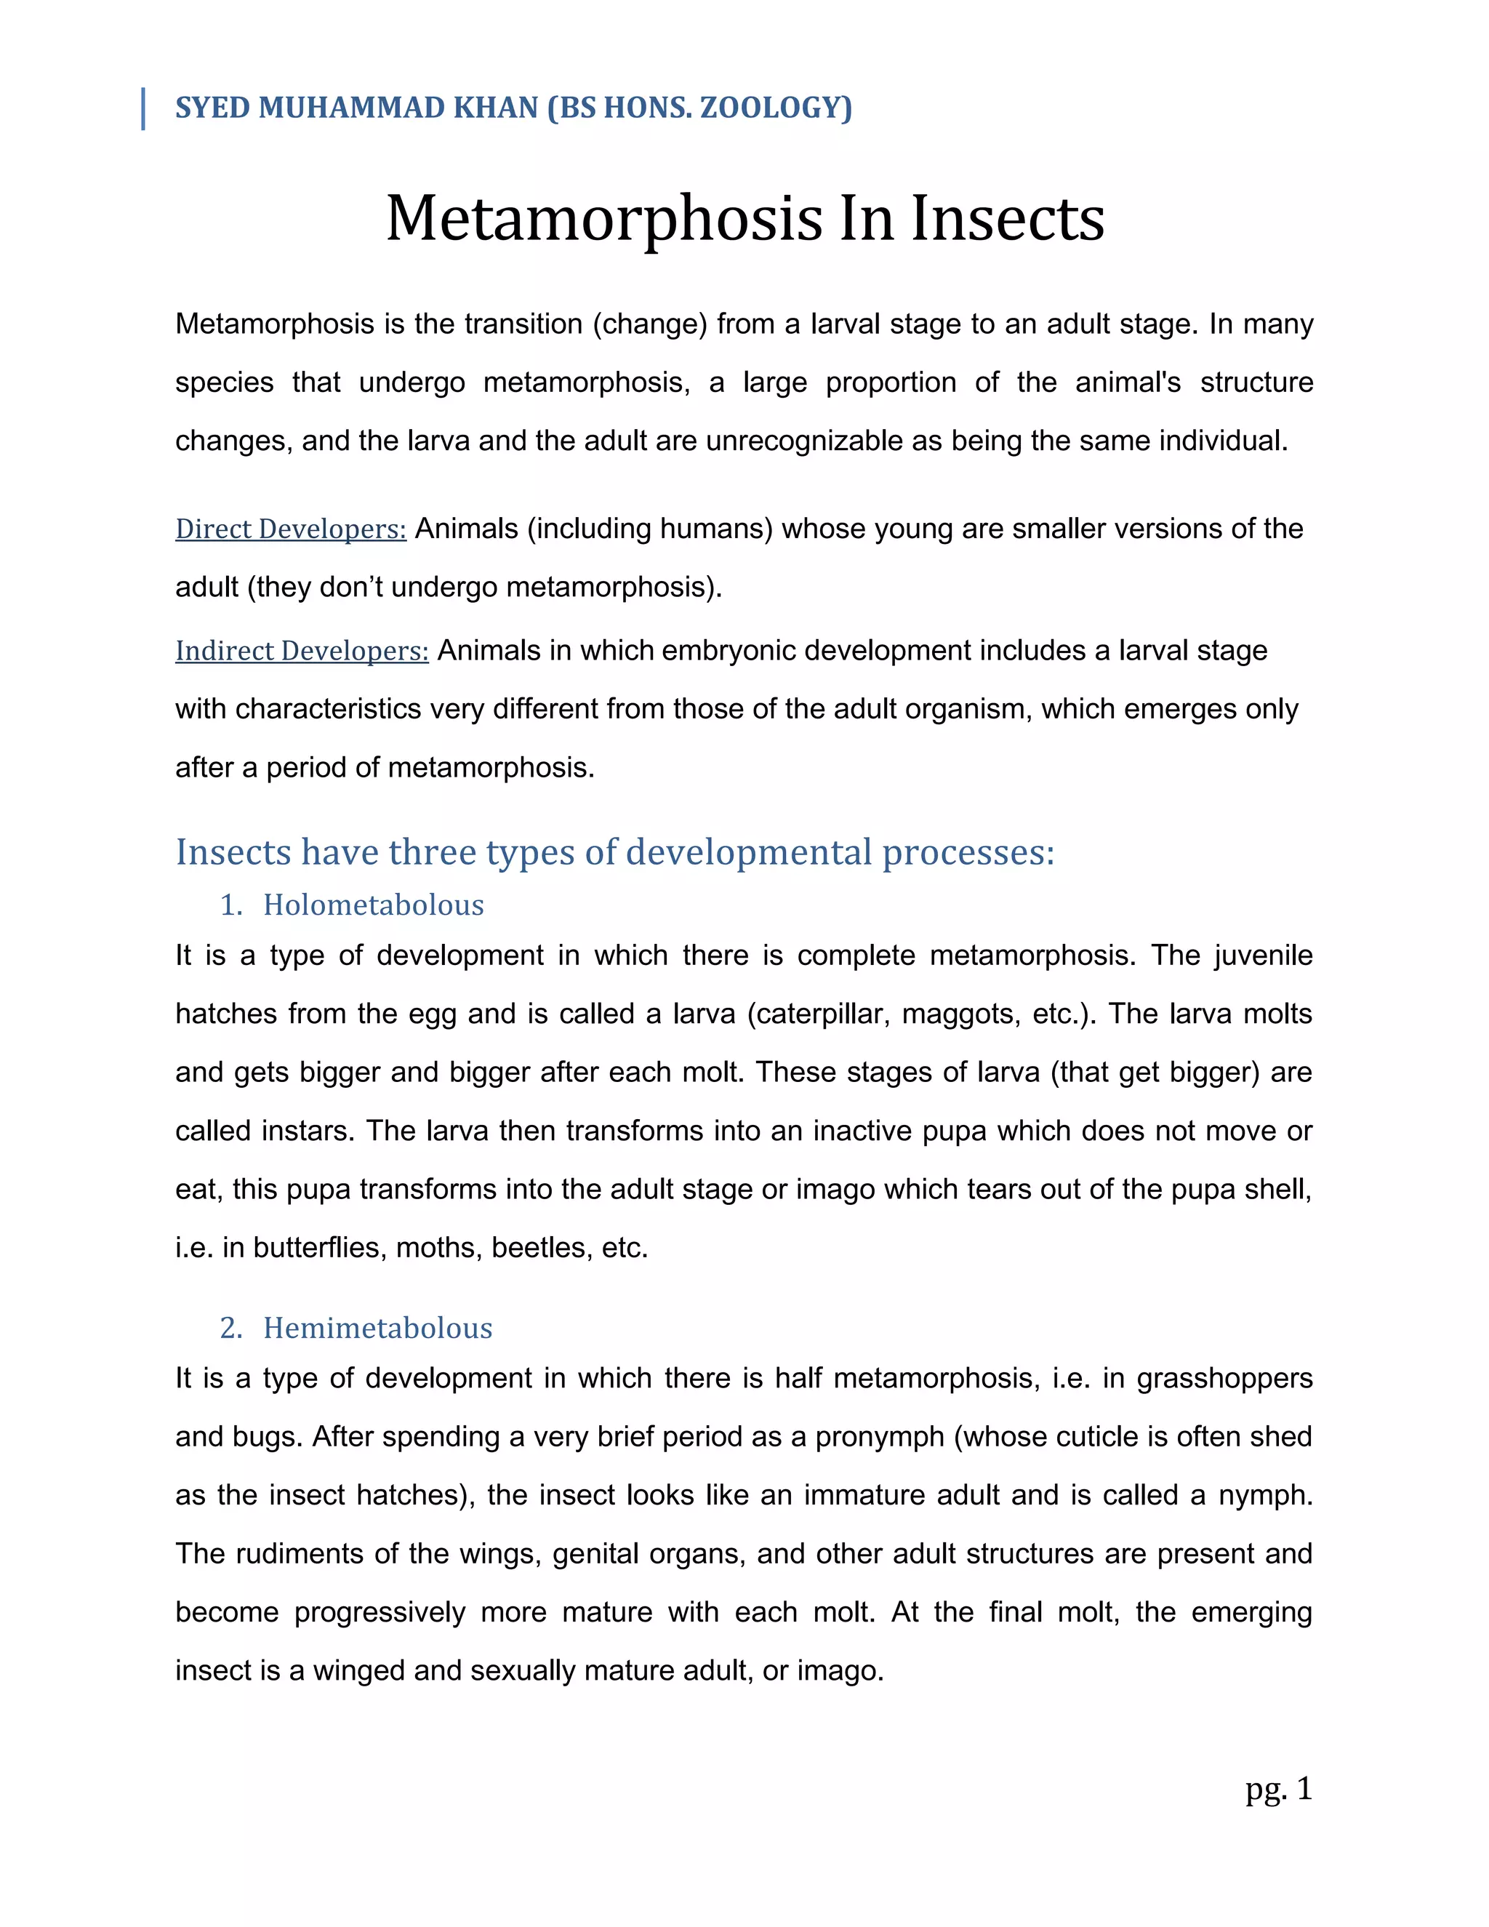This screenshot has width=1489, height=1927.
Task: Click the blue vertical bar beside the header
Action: click(x=143, y=109)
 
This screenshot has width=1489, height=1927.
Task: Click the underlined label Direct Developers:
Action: click(x=290, y=529)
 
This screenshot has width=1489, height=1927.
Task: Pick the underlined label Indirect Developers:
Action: click(x=302, y=650)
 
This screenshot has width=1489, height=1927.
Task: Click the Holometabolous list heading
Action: click(x=373, y=905)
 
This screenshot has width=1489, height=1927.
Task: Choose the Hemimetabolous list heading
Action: click(x=377, y=1328)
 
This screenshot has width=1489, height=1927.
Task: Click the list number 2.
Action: click(x=230, y=1328)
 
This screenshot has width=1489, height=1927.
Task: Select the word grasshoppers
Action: click(x=1224, y=1378)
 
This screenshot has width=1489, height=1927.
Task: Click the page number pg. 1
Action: click(x=1278, y=1790)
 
